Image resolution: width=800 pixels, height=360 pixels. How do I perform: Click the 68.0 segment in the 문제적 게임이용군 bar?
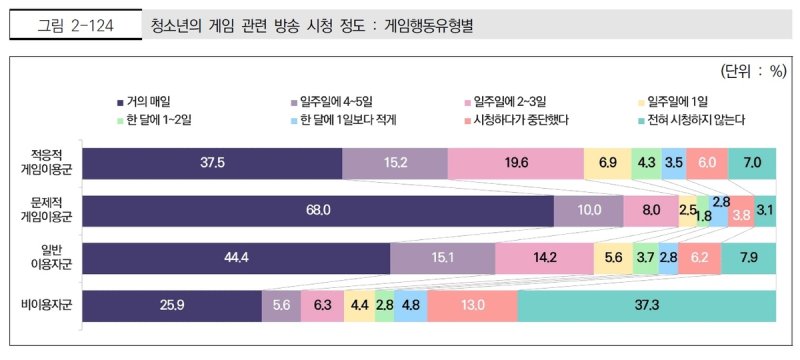click(x=318, y=210)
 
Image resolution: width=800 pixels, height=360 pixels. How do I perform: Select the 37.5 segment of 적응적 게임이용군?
click(x=211, y=162)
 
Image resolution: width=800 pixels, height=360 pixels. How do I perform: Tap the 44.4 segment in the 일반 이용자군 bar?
click(x=236, y=257)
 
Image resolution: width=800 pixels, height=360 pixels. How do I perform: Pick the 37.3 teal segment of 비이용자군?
click(x=646, y=305)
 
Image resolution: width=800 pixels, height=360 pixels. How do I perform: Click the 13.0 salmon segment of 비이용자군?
click(x=473, y=305)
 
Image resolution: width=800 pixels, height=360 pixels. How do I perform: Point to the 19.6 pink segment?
click(x=516, y=162)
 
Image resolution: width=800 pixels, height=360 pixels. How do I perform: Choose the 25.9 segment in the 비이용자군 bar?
click(x=171, y=305)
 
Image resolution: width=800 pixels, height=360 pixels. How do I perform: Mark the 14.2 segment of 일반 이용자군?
click(x=544, y=257)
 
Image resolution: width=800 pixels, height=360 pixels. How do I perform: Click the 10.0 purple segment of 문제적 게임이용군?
click(x=588, y=210)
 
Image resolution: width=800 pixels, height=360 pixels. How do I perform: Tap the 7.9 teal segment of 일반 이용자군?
click(x=748, y=257)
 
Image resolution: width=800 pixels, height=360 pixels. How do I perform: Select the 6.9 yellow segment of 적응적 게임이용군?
click(x=607, y=162)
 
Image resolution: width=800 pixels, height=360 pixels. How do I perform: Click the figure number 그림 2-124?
click(x=76, y=27)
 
